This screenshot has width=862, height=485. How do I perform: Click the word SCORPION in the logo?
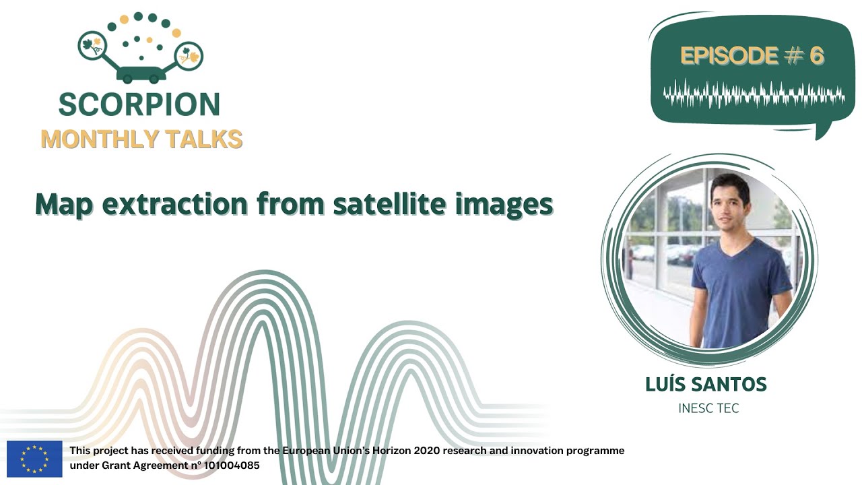(x=139, y=104)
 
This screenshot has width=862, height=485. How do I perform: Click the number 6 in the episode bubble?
(x=817, y=56)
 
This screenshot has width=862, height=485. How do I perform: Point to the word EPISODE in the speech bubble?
(x=729, y=56)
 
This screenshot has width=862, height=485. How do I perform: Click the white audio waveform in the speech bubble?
(x=754, y=94)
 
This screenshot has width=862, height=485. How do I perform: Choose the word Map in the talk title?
(x=64, y=205)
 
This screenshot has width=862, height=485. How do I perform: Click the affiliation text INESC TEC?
(x=708, y=408)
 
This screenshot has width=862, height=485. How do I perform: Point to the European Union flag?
(x=34, y=459)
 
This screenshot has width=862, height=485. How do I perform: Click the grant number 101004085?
(x=232, y=465)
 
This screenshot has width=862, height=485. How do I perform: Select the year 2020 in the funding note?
(x=427, y=451)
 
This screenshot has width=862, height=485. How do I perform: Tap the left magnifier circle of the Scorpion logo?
(x=92, y=45)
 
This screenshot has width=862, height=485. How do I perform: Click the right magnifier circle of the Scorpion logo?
(x=189, y=56)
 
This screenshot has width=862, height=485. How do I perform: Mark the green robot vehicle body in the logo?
(x=141, y=74)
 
